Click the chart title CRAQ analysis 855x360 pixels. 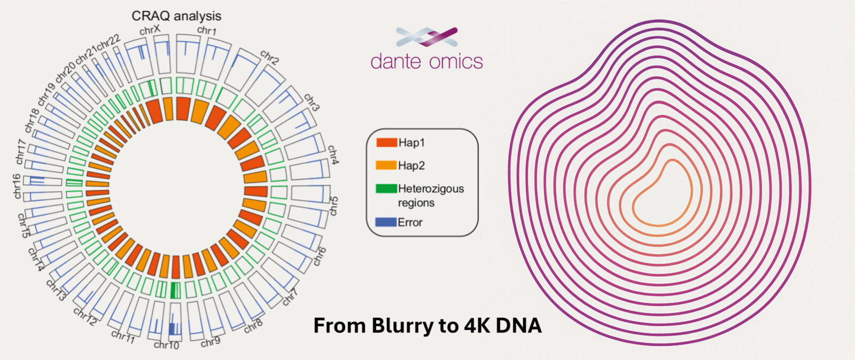click(x=176, y=16)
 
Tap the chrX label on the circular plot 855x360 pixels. click(x=150, y=30)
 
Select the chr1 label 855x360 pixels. click(x=207, y=30)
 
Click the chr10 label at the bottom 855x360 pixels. click(x=166, y=345)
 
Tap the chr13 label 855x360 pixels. click(x=56, y=289)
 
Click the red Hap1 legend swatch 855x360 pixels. click(x=386, y=143)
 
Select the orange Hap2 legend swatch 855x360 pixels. click(x=386, y=166)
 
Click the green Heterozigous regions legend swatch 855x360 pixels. click(x=386, y=189)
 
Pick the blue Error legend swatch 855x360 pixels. click(x=386, y=222)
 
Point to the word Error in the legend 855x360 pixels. click(x=410, y=222)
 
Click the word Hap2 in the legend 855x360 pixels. click(x=411, y=166)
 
